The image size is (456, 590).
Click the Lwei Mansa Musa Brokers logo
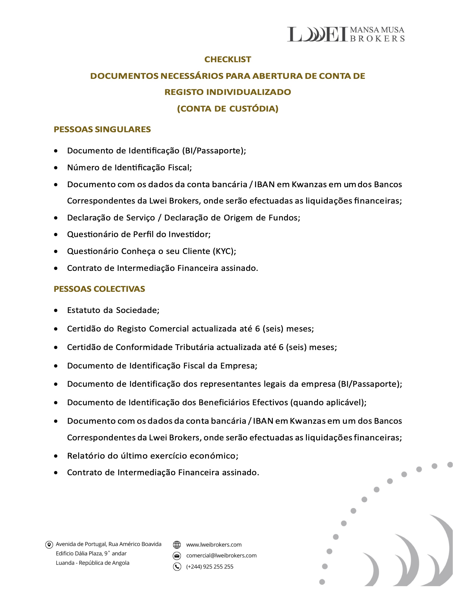pos(345,34)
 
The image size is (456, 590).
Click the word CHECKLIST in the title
pos(227,60)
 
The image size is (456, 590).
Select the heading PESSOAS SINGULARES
pos(102,130)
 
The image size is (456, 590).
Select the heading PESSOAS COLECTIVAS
pos(99,289)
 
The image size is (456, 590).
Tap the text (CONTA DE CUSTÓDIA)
pos(227,109)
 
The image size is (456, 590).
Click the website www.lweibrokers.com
pos(214,545)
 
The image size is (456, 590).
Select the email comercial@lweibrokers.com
pos(221,556)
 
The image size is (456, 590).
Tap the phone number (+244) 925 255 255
pos(210,567)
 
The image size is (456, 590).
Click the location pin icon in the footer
pos(49,545)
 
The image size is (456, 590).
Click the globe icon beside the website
pos(177,545)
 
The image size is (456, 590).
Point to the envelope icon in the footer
pos(177,556)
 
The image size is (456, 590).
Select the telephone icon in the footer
pos(177,567)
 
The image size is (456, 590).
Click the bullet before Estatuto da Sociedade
pos(56,311)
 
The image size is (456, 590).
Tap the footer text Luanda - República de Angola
pos(92,563)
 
